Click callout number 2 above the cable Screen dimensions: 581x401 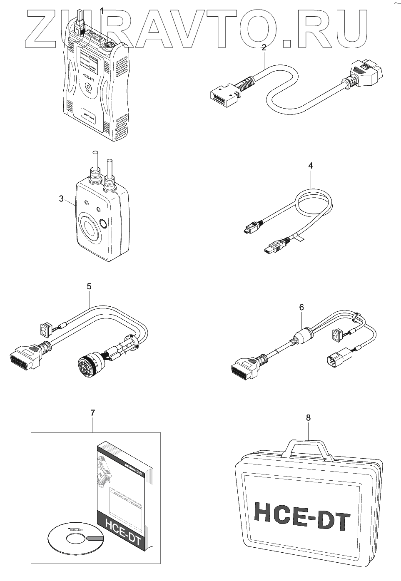tap(264, 47)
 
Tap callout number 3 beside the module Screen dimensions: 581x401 tap(61, 199)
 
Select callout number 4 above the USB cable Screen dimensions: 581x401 tap(310, 166)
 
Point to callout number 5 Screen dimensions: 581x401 tap(89, 286)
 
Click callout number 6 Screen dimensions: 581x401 tap(301, 307)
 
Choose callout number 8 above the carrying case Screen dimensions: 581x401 tap(308, 418)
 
